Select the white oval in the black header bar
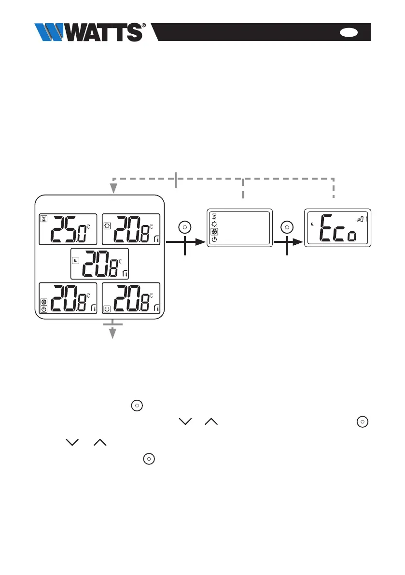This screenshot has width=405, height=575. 349,32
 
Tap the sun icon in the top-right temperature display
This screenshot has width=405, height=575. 107,224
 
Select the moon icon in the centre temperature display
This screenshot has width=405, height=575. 75,260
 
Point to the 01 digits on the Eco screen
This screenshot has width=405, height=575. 363,220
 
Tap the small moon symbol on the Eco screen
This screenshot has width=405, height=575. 313,224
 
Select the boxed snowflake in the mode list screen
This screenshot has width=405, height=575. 214,232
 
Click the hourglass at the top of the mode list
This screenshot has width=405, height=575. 214,217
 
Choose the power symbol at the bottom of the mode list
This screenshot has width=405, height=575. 214,240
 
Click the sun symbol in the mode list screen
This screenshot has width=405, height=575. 214,224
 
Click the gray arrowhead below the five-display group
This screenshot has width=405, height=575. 113,333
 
